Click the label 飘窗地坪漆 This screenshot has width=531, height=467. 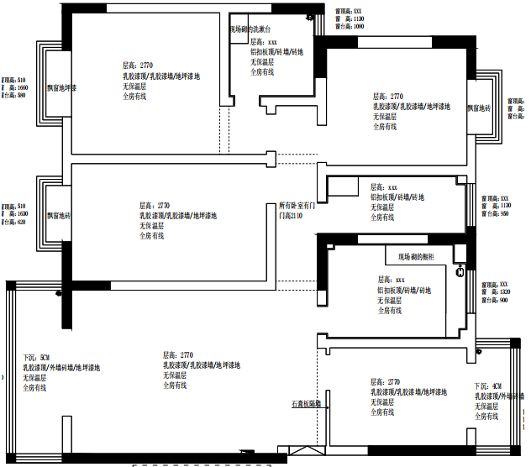(x=61, y=87)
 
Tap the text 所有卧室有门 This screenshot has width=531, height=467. (x=297, y=205)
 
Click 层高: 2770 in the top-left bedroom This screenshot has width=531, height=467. (x=138, y=65)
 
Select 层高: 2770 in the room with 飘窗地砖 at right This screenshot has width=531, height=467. (x=388, y=96)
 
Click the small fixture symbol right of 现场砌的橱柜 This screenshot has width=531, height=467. (x=460, y=271)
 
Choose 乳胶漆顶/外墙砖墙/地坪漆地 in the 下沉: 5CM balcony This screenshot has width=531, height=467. (x=60, y=368)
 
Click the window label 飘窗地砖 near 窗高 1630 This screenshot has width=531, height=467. (x=59, y=217)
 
